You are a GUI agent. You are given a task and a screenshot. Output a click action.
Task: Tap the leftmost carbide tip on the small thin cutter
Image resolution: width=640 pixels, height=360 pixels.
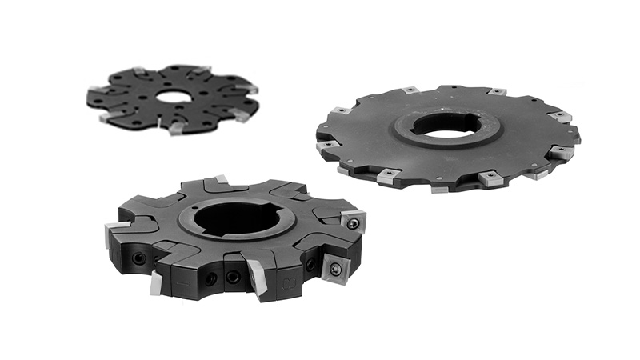[95, 89]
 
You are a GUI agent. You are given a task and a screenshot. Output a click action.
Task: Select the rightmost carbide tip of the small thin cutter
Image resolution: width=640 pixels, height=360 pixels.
[251, 90]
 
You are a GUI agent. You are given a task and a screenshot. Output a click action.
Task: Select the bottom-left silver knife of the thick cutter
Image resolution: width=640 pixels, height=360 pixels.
[155, 282]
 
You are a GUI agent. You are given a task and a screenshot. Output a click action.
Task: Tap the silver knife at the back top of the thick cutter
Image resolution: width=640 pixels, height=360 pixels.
[222, 181]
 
